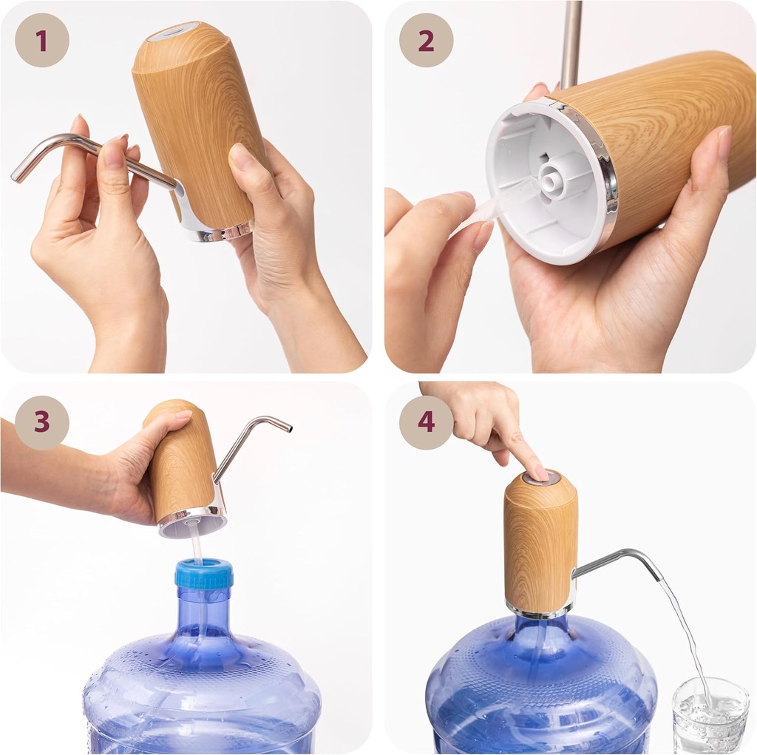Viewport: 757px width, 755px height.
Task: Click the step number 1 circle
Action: (41, 40)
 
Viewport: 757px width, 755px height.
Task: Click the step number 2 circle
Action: (426, 40)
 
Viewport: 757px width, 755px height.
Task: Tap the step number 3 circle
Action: (41, 422)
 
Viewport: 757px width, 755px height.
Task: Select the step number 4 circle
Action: (426, 422)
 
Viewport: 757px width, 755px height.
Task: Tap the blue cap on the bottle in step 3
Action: (204, 574)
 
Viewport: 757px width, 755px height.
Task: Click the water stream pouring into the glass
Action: (684, 629)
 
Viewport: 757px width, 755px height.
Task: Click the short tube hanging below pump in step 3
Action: (197, 544)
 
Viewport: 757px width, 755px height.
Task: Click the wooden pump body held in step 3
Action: (181, 466)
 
